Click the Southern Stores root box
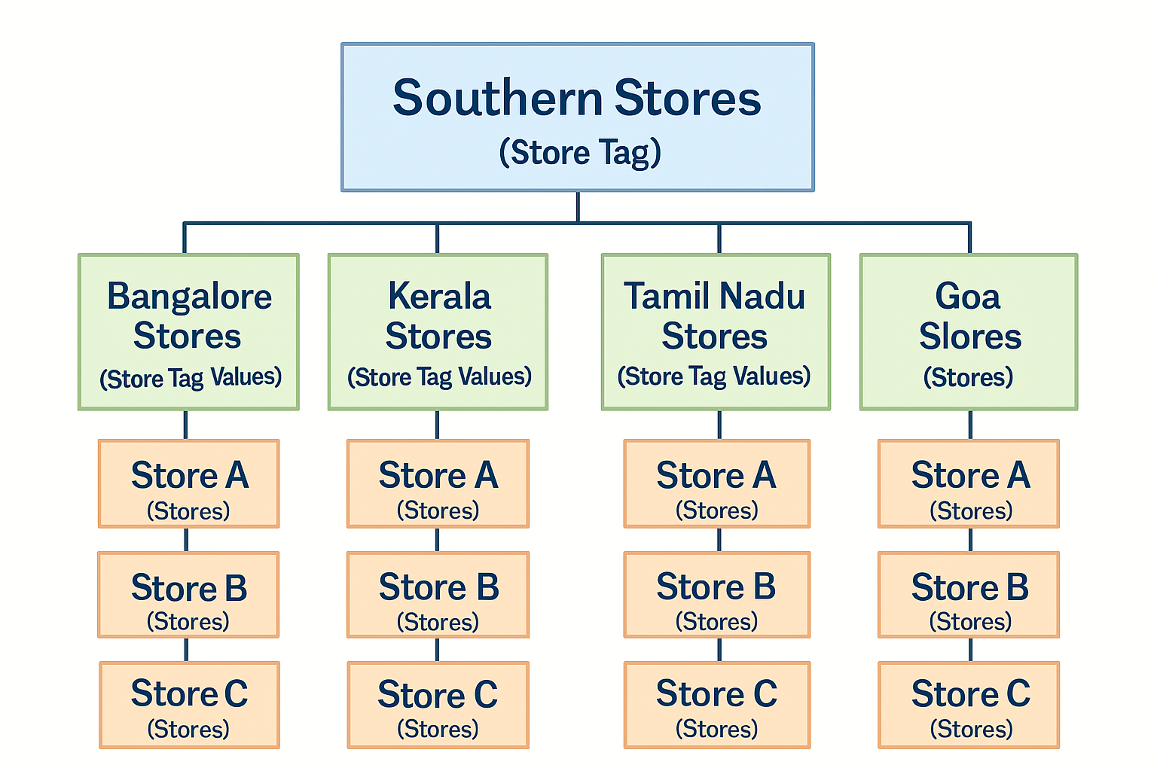tap(578, 117)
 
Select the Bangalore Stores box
tap(188, 332)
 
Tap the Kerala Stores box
tap(438, 332)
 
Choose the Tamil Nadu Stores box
tap(716, 332)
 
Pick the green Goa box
tap(969, 332)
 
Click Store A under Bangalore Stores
tap(188, 484)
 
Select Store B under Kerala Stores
tap(438, 595)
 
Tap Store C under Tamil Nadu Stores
tap(717, 705)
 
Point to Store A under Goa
tap(969, 484)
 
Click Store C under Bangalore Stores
tap(189, 705)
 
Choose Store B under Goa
tap(969, 595)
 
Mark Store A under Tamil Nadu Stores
tap(717, 484)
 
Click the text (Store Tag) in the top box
tap(580, 152)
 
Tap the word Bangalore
tap(189, 297)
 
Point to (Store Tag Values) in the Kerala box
tap(439, 376)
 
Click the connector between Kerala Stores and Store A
tap(438, 425)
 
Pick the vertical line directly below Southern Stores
tap(578, 207)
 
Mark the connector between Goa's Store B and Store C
tap(970, 650)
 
